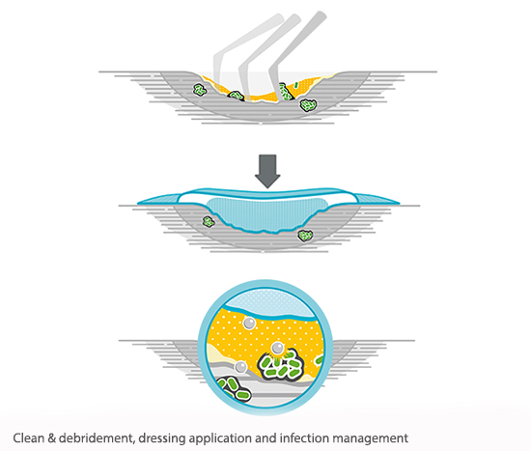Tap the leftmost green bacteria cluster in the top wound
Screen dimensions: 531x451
click(x=200, y=90)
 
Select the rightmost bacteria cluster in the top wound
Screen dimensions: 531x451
click(x=308, y=105)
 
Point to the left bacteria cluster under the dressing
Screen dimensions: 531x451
click(x=209, y=222)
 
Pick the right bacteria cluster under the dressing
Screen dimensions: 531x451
click(x=305, y=235)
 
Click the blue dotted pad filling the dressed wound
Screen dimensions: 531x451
click(x=267, y=215)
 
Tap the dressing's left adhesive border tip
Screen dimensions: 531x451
click(x=138, y=204)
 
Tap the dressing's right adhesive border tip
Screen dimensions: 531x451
click(x=399, y=204)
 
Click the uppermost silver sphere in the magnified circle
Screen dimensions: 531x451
click(x=250, y=323)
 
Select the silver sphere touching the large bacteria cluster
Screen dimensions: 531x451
click(x=277, y=348)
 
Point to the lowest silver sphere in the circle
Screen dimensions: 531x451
click(x=240, y=367)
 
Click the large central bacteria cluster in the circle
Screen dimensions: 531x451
click(x=280, y=367)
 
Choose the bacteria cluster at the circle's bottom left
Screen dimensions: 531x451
click(x=233, y=388)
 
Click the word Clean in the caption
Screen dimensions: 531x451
click(x=28, y=438)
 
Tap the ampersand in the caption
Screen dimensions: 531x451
click(x=51, y=438)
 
